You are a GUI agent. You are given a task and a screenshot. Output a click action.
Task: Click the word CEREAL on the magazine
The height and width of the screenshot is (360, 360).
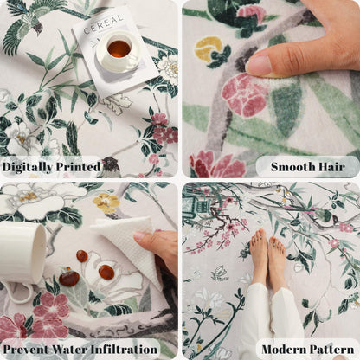[x=103, y=24]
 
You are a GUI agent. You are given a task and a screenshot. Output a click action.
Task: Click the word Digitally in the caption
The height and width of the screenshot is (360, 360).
[x=28, y=167]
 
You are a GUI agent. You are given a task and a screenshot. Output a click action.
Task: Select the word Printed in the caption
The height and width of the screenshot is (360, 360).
[x=78, y=166]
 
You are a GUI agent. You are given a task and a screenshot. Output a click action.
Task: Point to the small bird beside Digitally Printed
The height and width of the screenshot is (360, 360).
[x=110, y=166]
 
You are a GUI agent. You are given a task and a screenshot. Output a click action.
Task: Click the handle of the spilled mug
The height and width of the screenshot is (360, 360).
[x=18, y=292]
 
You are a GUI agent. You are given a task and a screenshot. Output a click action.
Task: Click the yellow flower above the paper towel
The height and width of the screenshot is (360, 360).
[x=106, y=203]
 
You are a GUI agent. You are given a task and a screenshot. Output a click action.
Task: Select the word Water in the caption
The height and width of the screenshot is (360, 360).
[x=68, y=350]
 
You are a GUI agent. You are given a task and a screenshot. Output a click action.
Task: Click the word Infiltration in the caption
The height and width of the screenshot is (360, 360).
[x=124, y=350]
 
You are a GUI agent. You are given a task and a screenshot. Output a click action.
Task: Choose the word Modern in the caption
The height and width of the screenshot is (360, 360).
[x=284, y=350]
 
